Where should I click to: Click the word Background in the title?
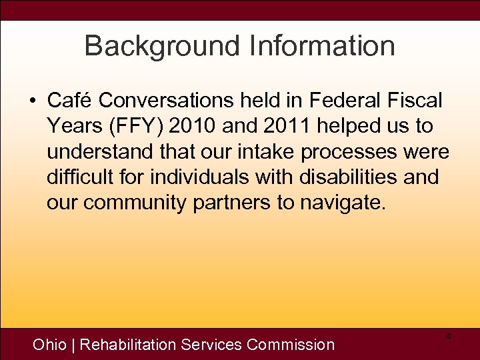tap(163, 46)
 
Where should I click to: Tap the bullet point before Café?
tap(33, 101)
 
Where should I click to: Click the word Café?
tap(69, 101)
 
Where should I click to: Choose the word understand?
tap(97, 152)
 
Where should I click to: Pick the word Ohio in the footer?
tap(50, 345)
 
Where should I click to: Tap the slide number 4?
tap(449, 337)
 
